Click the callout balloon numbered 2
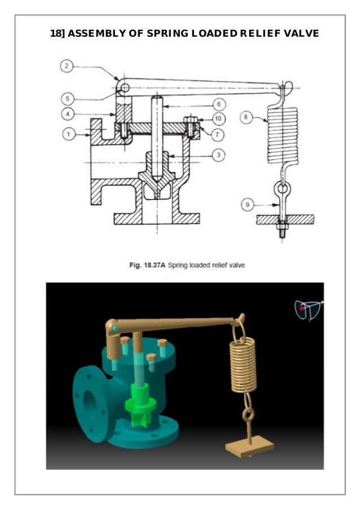67,66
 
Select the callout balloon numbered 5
68,98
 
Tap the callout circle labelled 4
68,114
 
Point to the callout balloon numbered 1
68,134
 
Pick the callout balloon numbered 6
219,104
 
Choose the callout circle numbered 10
218,119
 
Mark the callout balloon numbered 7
218,134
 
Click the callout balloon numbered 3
218,155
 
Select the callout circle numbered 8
246,117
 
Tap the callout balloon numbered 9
248,204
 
